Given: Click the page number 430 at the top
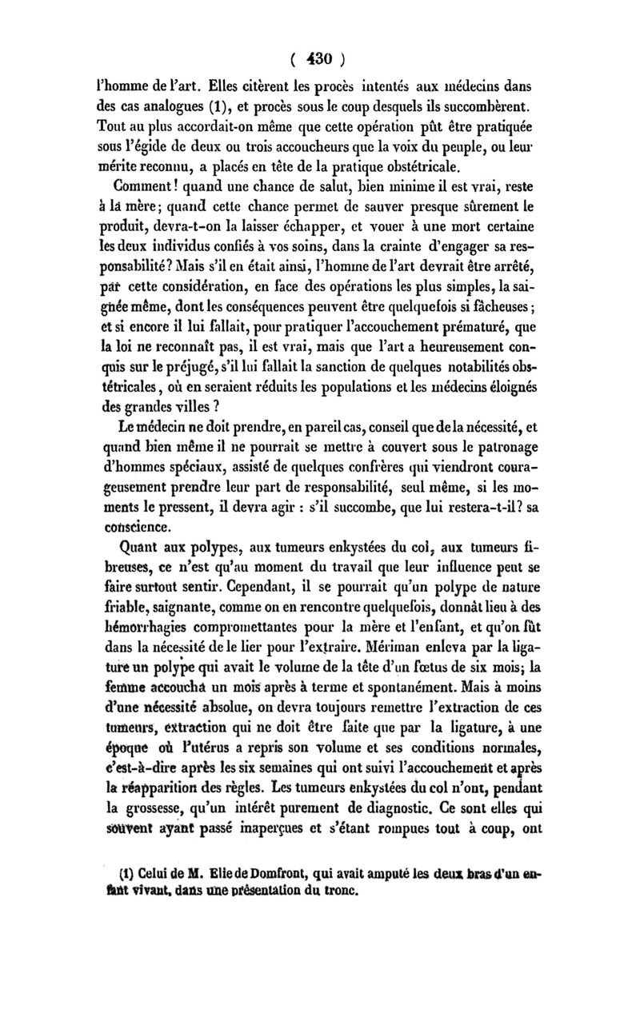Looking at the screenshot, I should coord(320,58).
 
